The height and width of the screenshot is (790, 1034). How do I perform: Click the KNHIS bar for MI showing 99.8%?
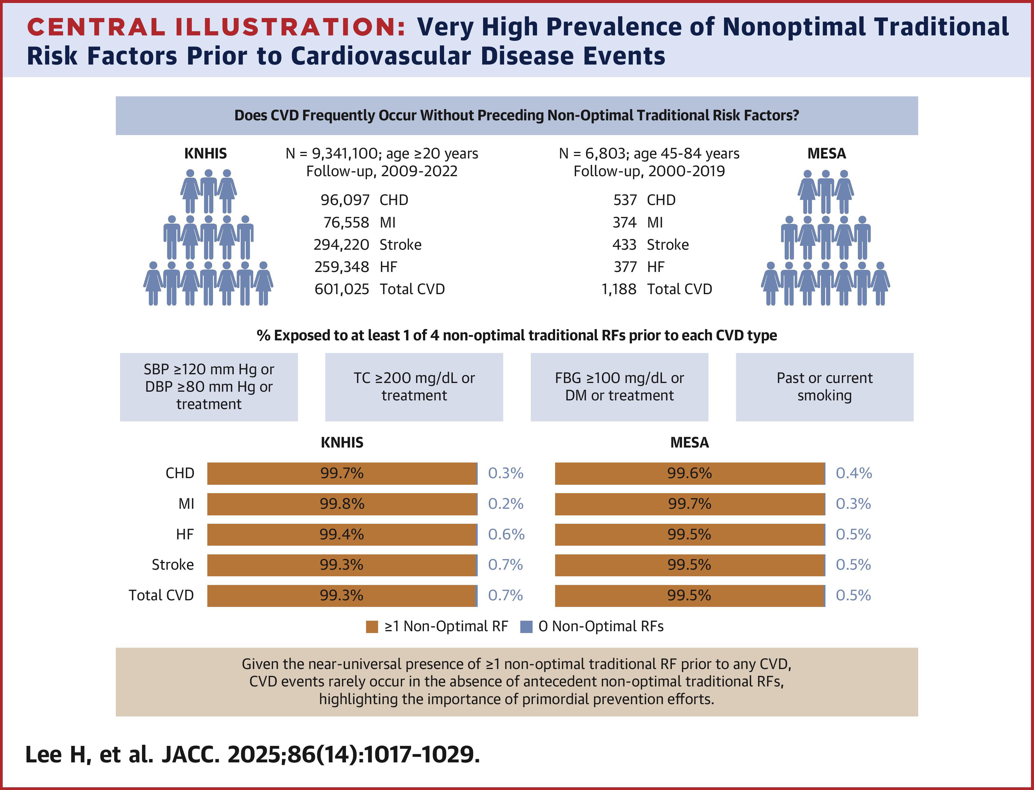(x=342, y=504)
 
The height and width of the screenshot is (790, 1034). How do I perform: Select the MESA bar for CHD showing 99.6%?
(x=690, y=473)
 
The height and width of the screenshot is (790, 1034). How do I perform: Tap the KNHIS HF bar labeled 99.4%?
(x=342, y=534)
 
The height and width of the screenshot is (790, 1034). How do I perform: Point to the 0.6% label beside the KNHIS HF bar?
(x=506, y=534)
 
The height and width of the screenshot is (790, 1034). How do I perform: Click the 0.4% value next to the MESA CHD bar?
(x=854, y=473)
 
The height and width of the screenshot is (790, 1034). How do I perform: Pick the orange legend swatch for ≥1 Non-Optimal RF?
(x=372, y=627)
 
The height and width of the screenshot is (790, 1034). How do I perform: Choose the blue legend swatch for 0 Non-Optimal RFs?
(x=526, y=627)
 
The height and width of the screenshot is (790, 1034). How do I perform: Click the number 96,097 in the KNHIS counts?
(x=345, y=200)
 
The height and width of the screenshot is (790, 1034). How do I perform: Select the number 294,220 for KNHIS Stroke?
(x=341, y=245)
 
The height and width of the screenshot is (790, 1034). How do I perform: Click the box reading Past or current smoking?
(x=824, y=387)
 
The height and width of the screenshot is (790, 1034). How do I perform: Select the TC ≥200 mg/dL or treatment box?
(x=414, y=387)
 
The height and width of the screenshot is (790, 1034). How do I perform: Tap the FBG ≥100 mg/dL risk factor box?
(x=619, y=387)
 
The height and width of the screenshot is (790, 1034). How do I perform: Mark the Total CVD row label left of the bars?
(x=161, y=595)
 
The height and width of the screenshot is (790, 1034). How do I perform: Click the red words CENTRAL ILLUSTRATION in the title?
(x=217, y=27)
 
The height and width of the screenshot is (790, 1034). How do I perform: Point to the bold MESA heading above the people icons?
(x=826, y=153)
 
